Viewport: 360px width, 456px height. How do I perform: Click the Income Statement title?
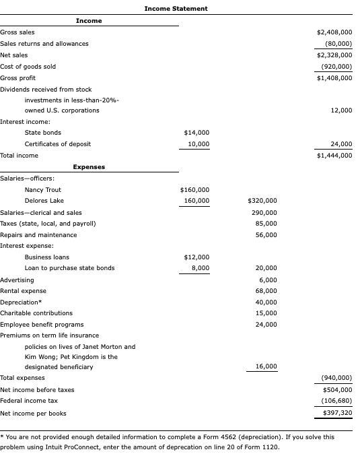point(176,8)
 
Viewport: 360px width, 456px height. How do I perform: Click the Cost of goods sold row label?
point(28,67)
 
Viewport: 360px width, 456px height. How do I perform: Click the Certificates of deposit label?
point(58,144)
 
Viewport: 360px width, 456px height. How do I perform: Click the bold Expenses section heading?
point(89,166)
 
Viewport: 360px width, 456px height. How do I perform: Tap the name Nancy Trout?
point(43,190)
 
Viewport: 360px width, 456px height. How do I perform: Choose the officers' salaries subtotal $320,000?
point(262,201)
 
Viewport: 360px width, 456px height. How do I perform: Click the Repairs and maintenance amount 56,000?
point(266,234)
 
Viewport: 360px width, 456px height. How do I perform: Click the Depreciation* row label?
point(19,302)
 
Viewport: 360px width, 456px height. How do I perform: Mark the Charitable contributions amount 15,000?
point(266,313)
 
